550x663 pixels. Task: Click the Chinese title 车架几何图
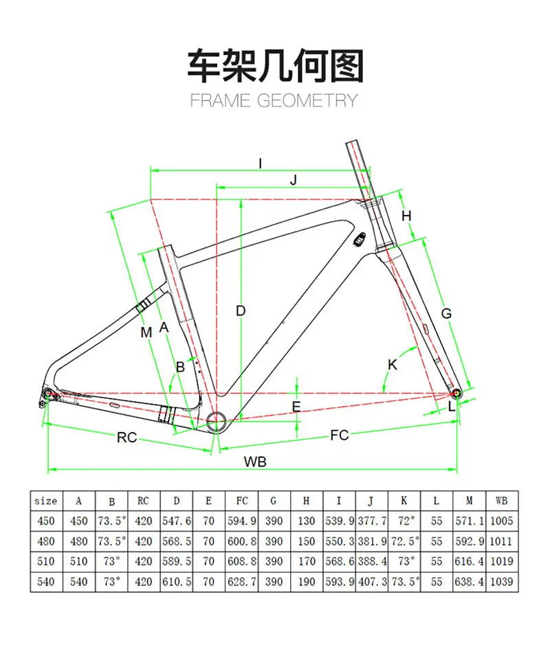point(275,66)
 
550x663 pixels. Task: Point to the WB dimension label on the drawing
point(254,462)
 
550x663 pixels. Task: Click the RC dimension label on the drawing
point(126,437)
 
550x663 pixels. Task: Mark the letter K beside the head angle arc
point(393,365)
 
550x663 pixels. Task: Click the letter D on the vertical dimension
point(241,311)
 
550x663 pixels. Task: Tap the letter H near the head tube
point(406,216)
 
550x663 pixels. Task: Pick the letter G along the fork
point(446,313)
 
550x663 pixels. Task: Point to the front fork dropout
point(456,392)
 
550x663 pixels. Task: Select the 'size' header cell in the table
point(45,501)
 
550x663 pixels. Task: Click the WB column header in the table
point(500,501)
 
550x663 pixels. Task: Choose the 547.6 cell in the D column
point(176,521)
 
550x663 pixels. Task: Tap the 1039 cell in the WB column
point(500,581)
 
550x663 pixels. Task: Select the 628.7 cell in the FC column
point(242,581)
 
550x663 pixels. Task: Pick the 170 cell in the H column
point(307,561)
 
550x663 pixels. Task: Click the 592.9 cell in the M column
point(470,541)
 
